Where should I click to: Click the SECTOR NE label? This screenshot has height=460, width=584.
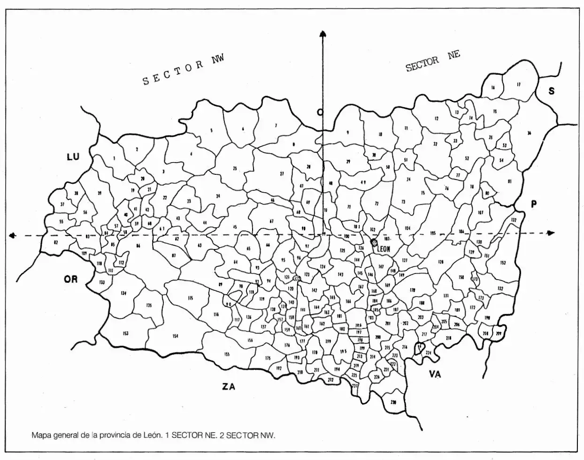432,61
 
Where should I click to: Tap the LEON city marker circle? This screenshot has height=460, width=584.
374,242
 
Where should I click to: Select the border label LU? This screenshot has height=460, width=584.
73,157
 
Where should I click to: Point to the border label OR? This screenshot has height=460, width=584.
70,279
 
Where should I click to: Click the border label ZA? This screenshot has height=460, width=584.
228,387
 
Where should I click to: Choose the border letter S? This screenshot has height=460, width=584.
552,91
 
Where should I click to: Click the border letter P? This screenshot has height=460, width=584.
533,204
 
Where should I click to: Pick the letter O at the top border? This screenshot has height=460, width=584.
320,112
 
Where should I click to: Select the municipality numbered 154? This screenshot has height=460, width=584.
175,336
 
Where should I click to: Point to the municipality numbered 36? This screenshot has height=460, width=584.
529,133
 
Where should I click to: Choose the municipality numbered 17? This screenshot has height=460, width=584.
518,85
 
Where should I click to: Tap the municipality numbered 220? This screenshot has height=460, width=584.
393,402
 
